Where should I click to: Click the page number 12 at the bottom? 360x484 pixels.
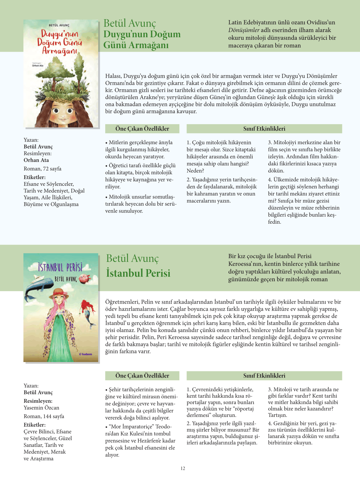pyautogui.click(x=183, y=468)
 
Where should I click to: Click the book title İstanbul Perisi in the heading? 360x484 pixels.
pyautogui.click(x=138, y=273)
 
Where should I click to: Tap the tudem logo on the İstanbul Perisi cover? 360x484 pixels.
pyautogui.click(x=86, y=354)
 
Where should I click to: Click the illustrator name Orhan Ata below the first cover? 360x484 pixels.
pyautogui.click(x=36, y=160)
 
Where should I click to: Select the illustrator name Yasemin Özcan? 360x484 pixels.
pyautogui.click(x=41, y=408)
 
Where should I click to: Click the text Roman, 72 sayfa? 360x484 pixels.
pyautogui.click(x=42, y=169)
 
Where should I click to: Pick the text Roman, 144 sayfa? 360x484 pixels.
pyautogui.click(x=44, y=416)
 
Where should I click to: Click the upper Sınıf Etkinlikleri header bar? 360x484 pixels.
pyautogui.click(x=264, y=129)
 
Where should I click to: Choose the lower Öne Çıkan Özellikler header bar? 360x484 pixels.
pyautogui.click(x=142, y=376)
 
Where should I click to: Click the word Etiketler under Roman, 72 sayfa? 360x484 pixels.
pyautogui.click(x=34, y=177)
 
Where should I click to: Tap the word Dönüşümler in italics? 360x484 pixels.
pyautogui.click(x=244, y=30)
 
